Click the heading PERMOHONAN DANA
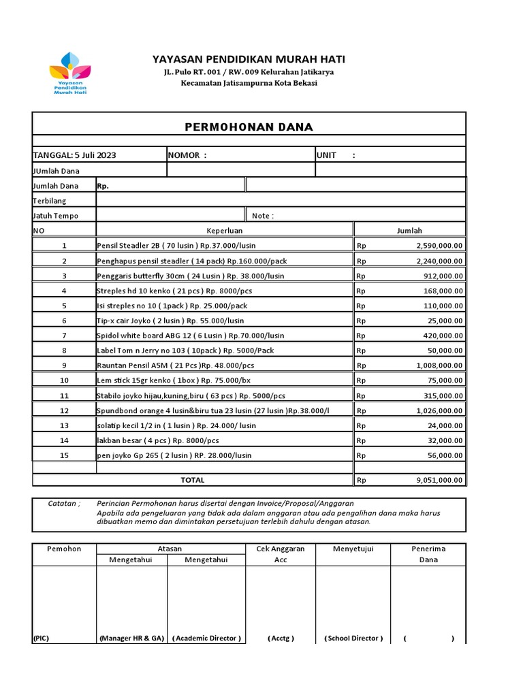click(x=249, y=127)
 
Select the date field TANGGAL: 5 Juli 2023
click(x=74, y=155)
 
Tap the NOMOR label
click(x=187, y=155)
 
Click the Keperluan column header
click(x=225, y=231)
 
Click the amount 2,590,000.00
click(x=439, y=246)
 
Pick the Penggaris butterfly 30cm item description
click(x=191, y=276)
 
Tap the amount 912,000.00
click(x=443, y=276)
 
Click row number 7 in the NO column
click(x=65, y=336)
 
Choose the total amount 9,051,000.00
click(x=439, y=480)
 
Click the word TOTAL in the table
click(x=192, y=480)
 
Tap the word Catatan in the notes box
click(x=63, y=504)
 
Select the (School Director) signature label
click(x=353, y=638)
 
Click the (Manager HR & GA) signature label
click(x=131, y=638)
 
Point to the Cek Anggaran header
click(x=280, y=549)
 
